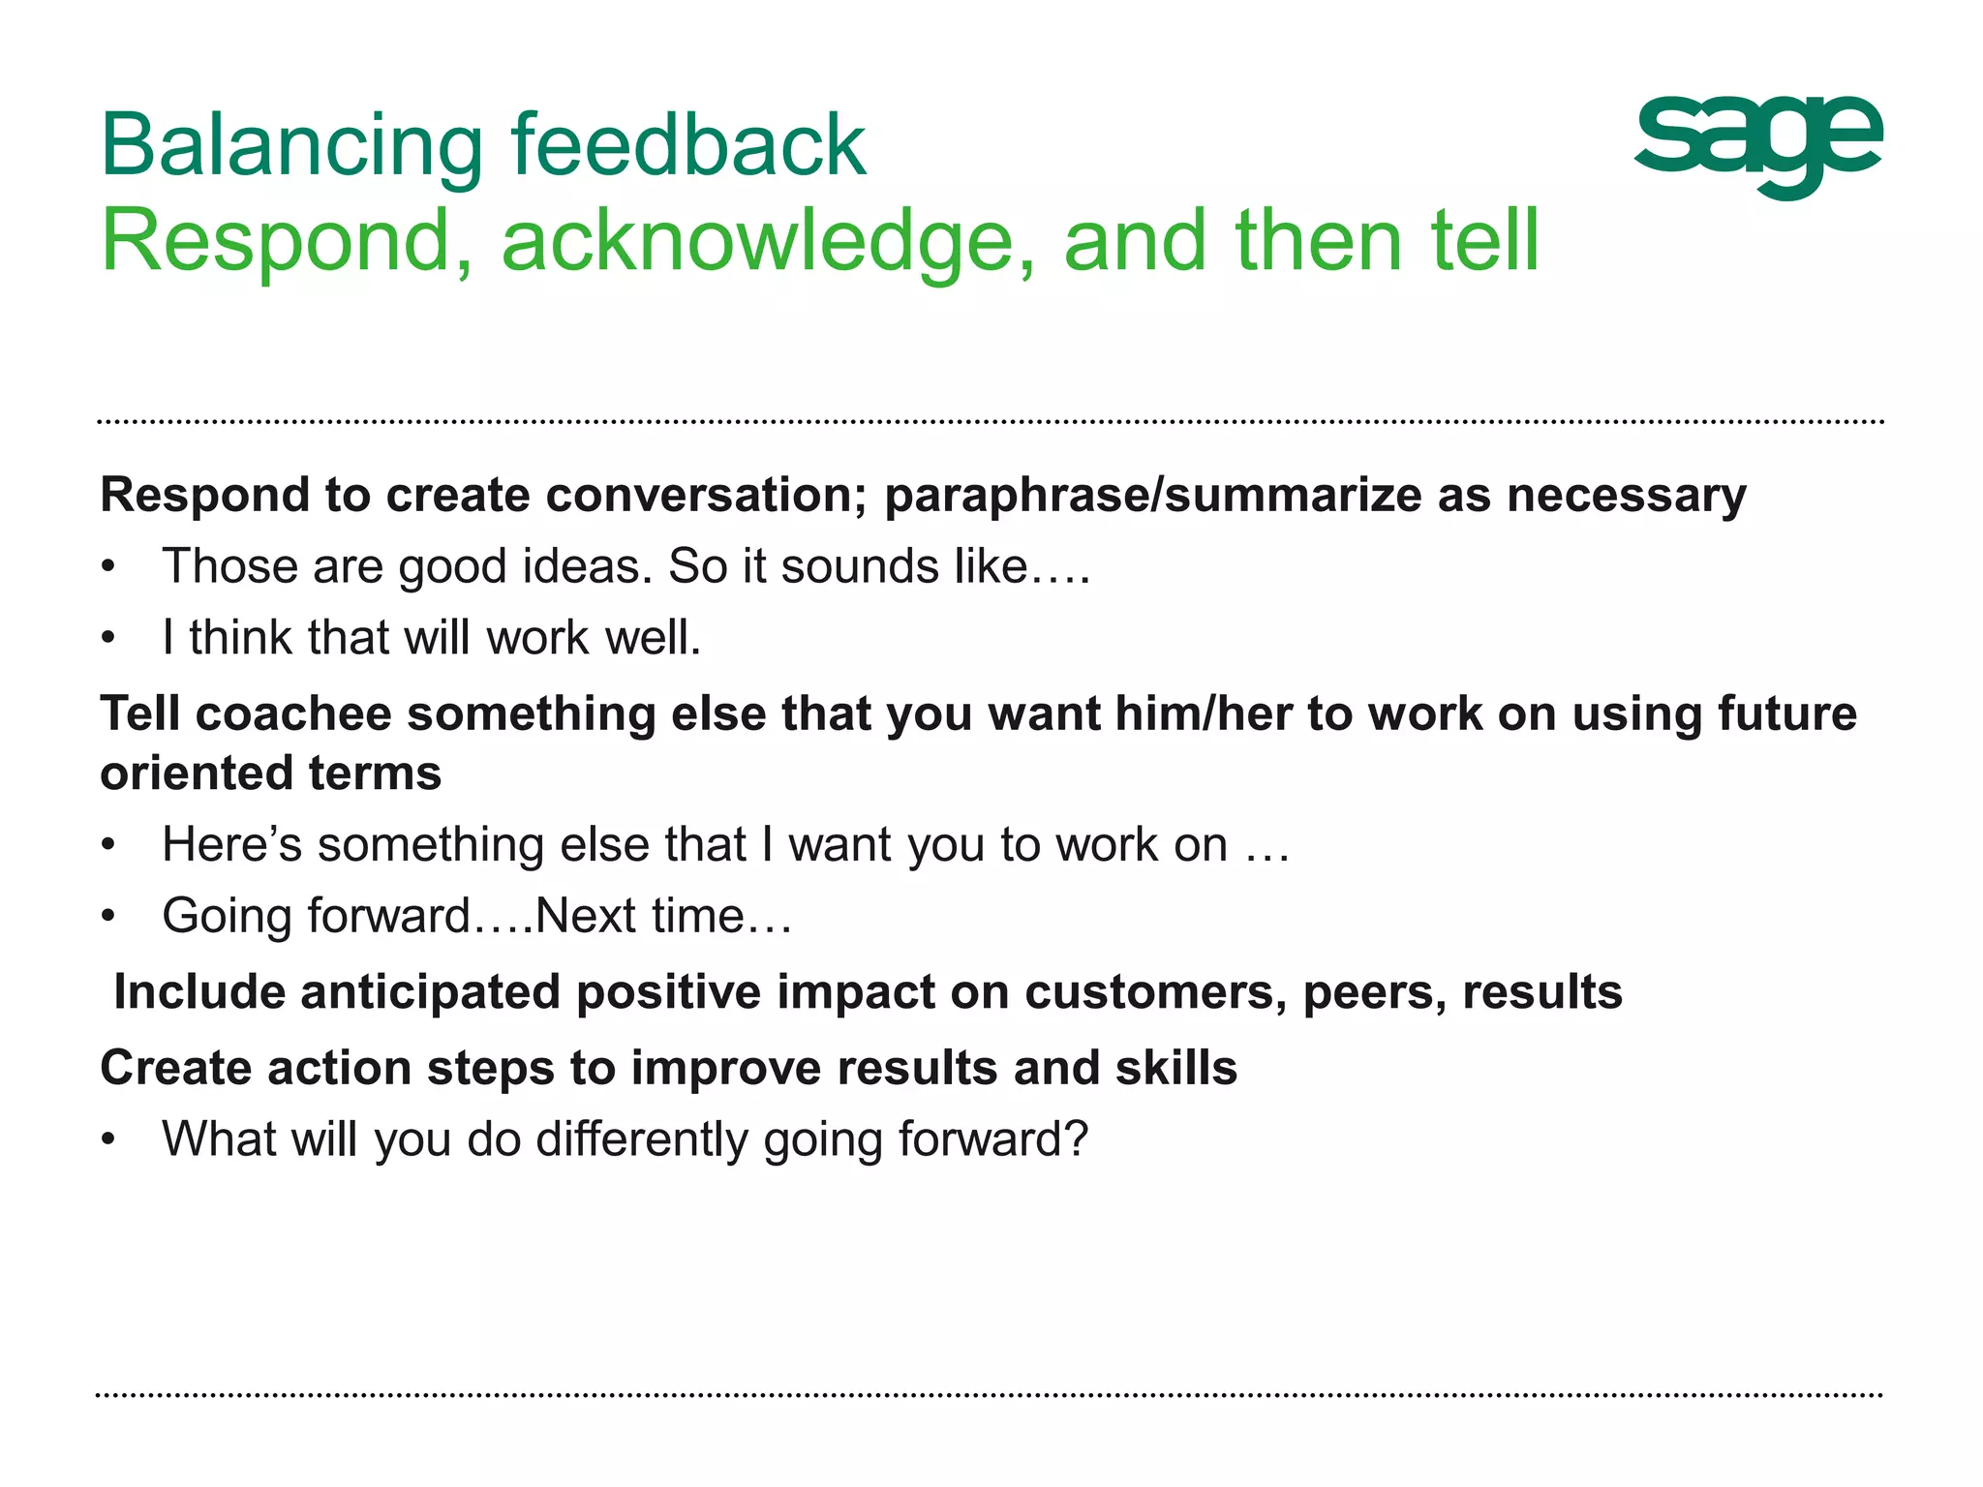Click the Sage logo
[x=1757, y=145]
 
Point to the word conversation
[x=706, y=496]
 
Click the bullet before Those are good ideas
[x=108, y=567]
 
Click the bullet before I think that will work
[x=108, y=639]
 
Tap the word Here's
[x=232, y=844]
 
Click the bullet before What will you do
[x=108, y=1140]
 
